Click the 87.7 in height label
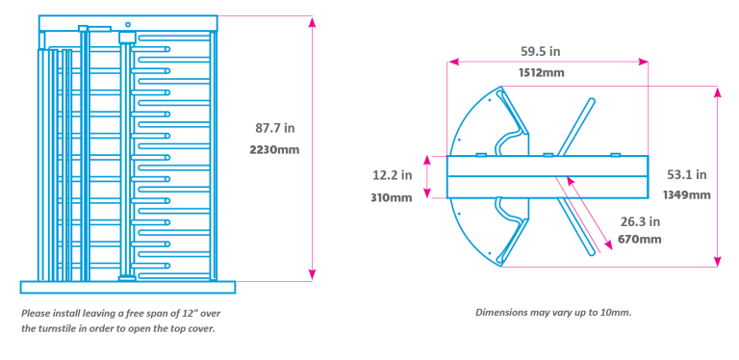point(274,128)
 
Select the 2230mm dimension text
point(274,150)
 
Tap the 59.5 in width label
point(542,52)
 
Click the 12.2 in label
point(392,175)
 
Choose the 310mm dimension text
point(392,197)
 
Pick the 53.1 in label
point(686,174)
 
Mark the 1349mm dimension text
point(686,194)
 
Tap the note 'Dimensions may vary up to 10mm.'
point(553,313)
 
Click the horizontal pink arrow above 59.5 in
point(548,62)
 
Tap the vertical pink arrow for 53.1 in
point(717,174)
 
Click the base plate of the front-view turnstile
point(127,286)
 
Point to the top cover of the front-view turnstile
point(128,22)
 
